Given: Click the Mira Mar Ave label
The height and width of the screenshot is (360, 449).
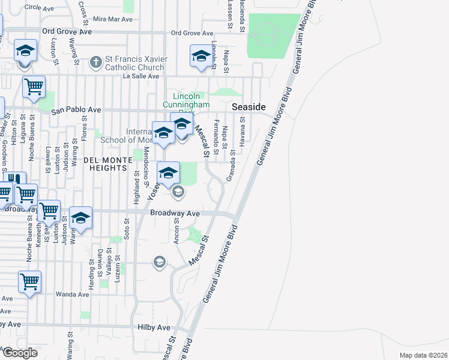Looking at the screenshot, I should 112,19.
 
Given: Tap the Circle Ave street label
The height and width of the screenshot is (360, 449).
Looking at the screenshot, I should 40,8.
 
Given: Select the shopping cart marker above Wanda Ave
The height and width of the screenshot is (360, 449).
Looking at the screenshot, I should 29,281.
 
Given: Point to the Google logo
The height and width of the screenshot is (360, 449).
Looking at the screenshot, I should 20,352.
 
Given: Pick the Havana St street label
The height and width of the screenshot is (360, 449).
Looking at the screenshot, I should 243,127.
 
